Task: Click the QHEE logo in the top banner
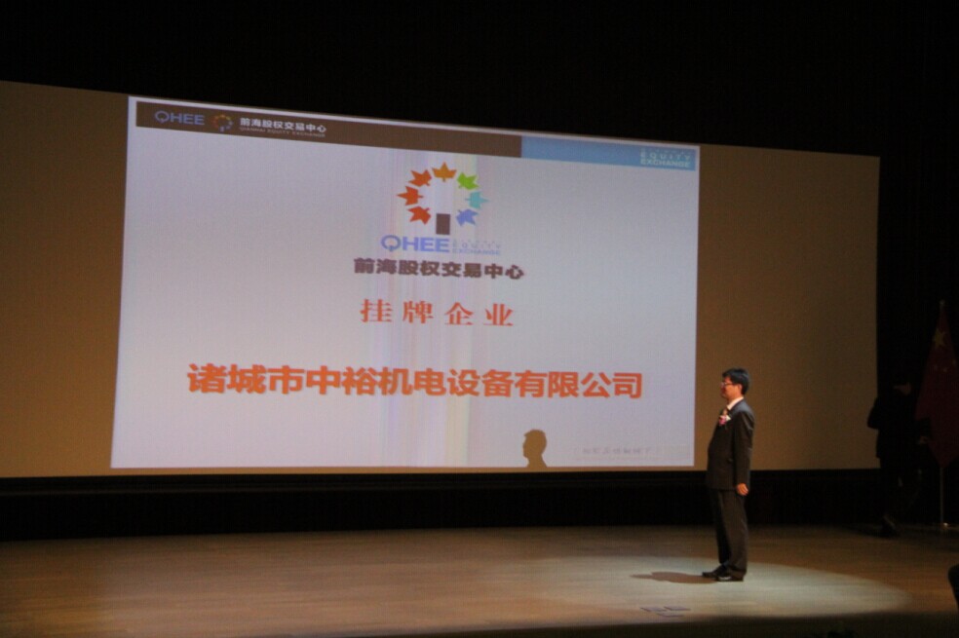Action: click(x=179, y=118)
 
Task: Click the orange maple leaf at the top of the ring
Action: click(x=443, y=172)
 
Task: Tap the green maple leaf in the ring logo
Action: click(x=467, y=181)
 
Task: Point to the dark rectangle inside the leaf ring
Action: click(x=443, y=223)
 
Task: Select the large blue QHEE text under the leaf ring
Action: click(x=416, y=244)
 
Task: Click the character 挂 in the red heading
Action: click(x=374, y=312)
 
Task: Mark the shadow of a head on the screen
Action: click(x=534, y=447)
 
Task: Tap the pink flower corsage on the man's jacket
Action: click(x=724, y=417)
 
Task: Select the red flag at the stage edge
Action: click(x=940, y=390)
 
